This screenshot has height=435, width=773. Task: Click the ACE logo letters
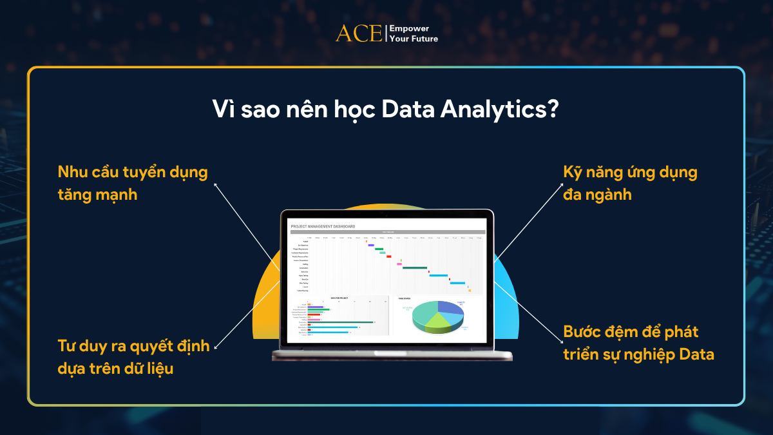(x=359, y=34)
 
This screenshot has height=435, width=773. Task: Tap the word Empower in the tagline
(x=410, y=29)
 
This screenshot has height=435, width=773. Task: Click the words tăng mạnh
(x=98, y=193)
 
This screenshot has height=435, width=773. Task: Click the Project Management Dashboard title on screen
(x=323, y=226)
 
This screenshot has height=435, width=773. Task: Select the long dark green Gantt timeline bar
(x=415, y=267)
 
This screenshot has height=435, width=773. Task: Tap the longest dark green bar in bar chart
(x=341, y=322)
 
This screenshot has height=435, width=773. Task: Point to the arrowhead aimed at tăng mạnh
(x=215, y=184)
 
